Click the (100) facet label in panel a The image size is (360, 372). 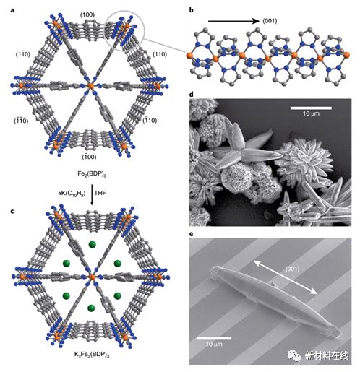coord(87,15)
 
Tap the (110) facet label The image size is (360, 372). coord(160,54)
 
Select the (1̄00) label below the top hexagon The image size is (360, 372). coord(89,157)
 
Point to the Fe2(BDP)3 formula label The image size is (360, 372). coord(92,174)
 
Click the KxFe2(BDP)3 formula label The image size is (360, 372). coord(92,355)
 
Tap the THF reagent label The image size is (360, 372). coord(100,193)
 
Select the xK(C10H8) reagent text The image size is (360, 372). coord(72,194)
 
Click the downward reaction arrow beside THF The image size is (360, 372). coord(92,195)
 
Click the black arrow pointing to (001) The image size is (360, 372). coord(233,21)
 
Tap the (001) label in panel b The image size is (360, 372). coord(270,21)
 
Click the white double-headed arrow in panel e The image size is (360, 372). coord(285,277)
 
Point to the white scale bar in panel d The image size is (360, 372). coord(311,108)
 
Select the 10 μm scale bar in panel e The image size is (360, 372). coord(214,338)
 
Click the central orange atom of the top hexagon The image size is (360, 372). coord(91,86)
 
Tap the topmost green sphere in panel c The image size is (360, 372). coord(92,245)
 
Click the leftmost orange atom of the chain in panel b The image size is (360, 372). coord(190,56)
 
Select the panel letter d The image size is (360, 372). coord(192,95)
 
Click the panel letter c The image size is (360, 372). coord(12,212)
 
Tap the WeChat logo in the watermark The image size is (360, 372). coord(294,355)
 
